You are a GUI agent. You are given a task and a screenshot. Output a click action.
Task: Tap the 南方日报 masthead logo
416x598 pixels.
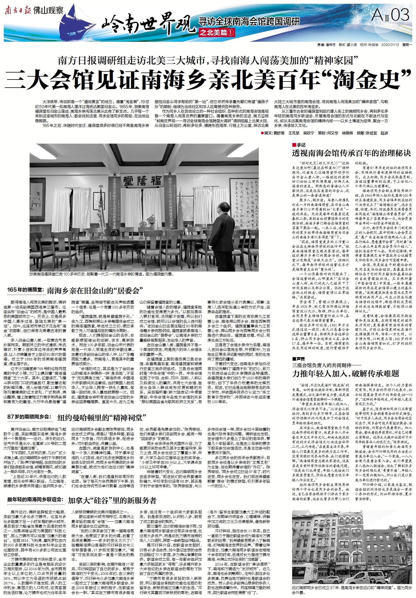pos(17,11)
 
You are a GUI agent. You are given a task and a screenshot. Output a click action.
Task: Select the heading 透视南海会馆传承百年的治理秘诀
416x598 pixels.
pos(351,153)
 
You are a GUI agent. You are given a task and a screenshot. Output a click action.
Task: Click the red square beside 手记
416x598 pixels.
pos(294,145)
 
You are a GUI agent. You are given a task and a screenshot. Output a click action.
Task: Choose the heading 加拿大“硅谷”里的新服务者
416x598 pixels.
pos(112,500)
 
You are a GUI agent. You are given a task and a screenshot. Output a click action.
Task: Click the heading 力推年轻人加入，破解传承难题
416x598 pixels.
pos(345,373)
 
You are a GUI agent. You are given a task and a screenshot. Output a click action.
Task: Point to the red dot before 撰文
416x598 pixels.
pos(263,133)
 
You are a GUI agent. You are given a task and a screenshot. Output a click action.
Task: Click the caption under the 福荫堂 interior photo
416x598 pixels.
pos(101,274)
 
